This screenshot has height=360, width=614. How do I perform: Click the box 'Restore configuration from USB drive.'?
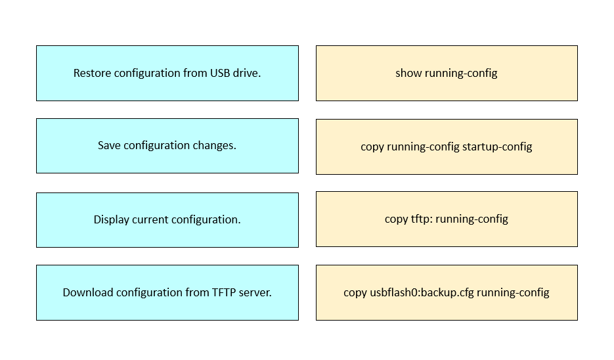pos(167,74)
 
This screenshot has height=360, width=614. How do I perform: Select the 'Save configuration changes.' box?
pos(167,146)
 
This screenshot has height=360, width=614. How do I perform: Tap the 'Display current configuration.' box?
pos(167,220)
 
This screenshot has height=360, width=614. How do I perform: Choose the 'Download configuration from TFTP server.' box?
pos(167,292)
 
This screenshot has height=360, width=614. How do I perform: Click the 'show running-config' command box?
pos(447,74)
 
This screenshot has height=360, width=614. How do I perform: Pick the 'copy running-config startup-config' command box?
pos(447,146)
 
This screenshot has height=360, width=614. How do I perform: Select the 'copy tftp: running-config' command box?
pos(447,219)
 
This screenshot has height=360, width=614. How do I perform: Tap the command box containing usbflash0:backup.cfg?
pos(447,292)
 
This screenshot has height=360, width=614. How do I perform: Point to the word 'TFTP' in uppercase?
pos(224,292)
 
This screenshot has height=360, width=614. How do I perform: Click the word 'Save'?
pos(109,145)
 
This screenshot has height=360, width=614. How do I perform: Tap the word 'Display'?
pos(111,220)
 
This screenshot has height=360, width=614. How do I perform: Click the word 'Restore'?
pos(92,74)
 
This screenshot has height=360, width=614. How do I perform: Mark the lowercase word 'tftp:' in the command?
pos(422,219)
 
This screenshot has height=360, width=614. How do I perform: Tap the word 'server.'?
pos(255,292)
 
